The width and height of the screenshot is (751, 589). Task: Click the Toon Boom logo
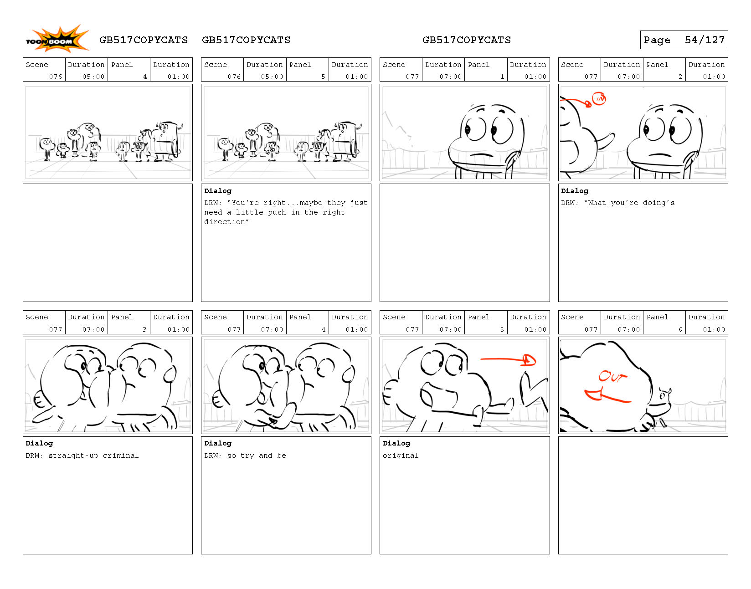pos(57,39)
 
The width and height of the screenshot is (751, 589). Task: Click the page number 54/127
pos(704,40)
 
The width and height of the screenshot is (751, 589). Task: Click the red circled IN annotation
pos(599,99)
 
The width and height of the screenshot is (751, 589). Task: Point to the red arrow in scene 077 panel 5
pos(508,359)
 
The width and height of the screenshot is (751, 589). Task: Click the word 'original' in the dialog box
pos(400,456)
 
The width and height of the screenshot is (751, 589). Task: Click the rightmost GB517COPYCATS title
pos(466,40)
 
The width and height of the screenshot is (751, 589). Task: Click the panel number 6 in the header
pos(680,329)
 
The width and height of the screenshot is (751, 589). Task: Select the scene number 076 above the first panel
pos(55,77)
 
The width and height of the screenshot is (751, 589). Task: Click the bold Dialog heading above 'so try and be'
pos(218,443)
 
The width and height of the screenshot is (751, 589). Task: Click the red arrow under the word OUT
pos(607,396)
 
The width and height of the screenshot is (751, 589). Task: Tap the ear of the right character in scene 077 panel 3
pos(170,374)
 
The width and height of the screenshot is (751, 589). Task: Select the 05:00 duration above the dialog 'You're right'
pos(272,77)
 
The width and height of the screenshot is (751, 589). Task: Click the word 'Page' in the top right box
pos(657,40)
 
